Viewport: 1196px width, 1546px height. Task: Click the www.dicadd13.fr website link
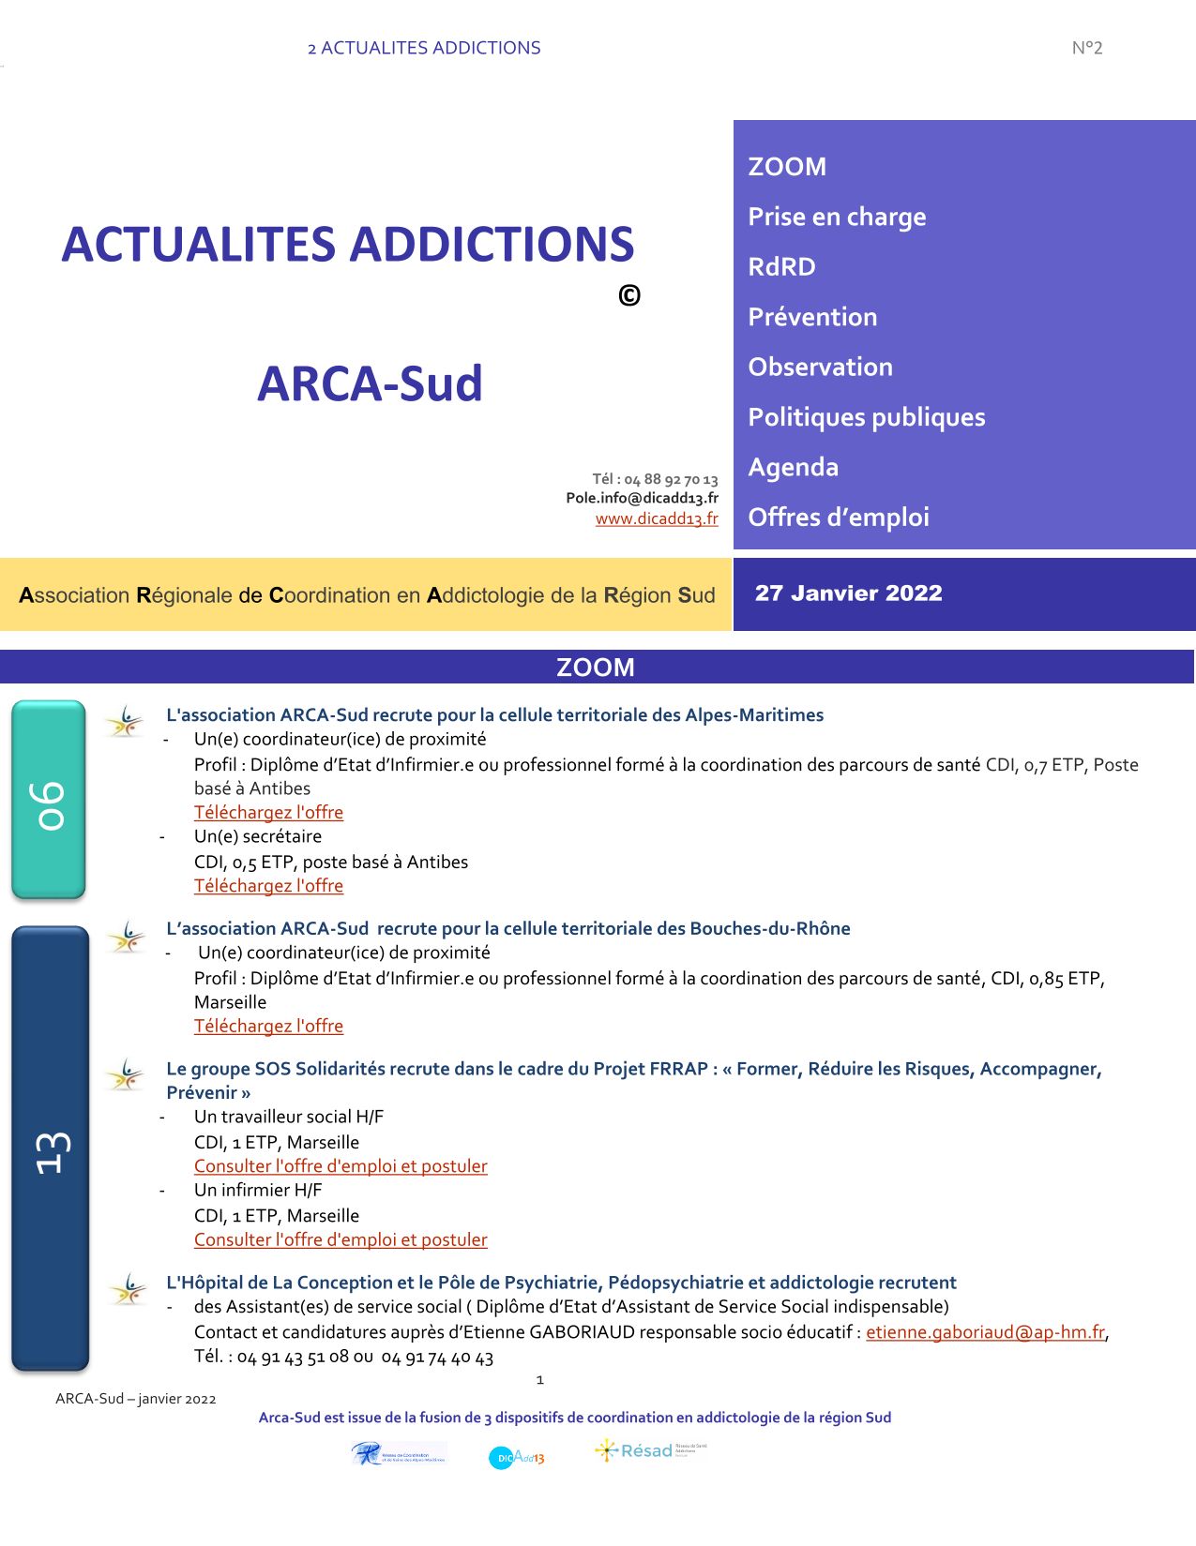(657, 518)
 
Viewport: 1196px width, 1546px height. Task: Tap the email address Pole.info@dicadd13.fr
(642, 498)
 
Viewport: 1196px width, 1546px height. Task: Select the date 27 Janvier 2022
(848, 593)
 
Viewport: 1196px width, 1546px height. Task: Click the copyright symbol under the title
(629, 296)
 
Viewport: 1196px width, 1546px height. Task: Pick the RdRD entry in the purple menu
(781, 267)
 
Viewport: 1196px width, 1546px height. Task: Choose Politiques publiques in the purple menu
(866, 417)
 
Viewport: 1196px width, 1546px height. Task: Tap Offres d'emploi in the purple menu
(838, 518)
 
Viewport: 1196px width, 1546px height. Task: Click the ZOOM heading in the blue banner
(596, 668)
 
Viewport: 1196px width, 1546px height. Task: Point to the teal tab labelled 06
(49, 800)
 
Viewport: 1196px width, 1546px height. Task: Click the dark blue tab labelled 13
(51, 1148)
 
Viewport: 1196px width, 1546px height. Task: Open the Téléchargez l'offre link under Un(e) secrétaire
(268, 886)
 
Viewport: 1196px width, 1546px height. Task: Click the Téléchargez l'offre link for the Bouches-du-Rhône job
(268, 1027)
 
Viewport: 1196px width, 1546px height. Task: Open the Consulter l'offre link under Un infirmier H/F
(341, 1239)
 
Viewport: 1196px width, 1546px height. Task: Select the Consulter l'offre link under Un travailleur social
(341, 1166)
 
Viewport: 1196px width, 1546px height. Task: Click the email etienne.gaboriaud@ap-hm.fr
(985, 1332)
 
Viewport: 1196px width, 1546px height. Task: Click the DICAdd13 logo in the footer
(516, 1457)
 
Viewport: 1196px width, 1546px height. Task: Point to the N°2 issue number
(1086, 48)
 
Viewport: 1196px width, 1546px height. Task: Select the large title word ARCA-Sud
(370, 383)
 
